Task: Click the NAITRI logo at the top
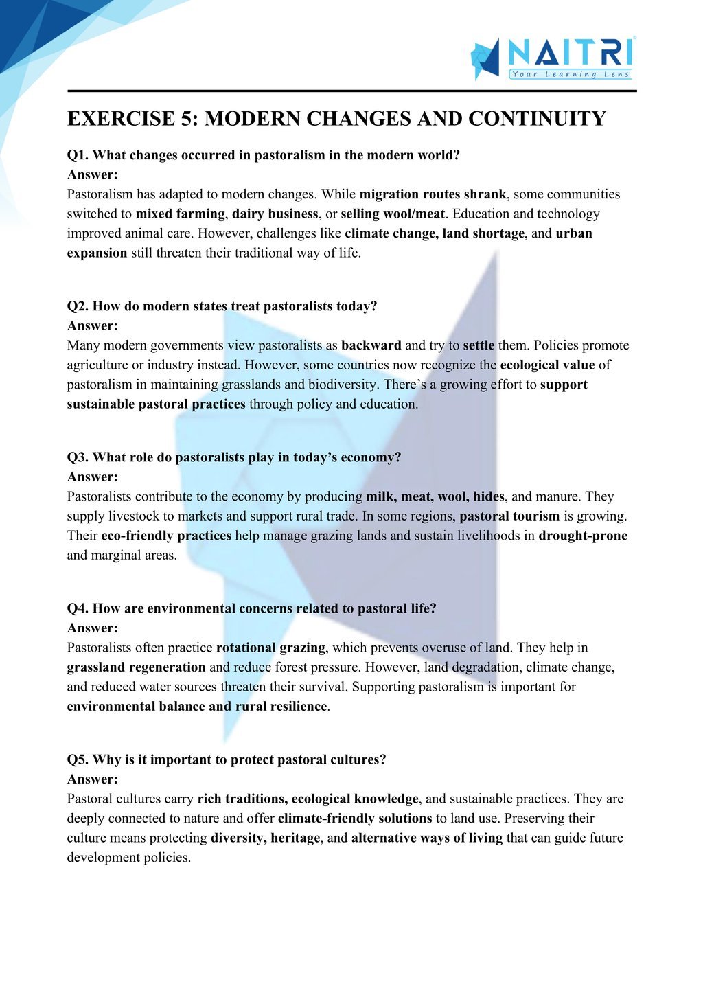pyautogui.click(x=552, y=58)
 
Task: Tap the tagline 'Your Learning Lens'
pyautogui.click(x=570, y=74)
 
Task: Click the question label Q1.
pyautogui.click(x=78, y=155)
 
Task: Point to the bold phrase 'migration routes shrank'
pyautogui.click(x=433, y=194)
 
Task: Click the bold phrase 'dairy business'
pyautogui.click(x=275, y=214)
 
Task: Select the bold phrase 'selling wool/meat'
pyautogui.click(x=393, y=214)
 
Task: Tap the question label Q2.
pyautogui.click(x=78, y=306)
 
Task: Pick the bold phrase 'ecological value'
pyautogui.click(x=547, y=365)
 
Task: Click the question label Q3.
pyautogui.click(x=78, y=457)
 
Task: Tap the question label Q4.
pyautogui.click(x=78, y=608)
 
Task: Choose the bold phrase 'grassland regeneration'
pyautogui.click(x=136, y=667)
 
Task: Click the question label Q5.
pyautogui.click(x=78, y=759)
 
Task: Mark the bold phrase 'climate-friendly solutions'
pyautogui.click(x=355, y=818)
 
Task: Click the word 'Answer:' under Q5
pyautogui.click(x=93, y=779)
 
